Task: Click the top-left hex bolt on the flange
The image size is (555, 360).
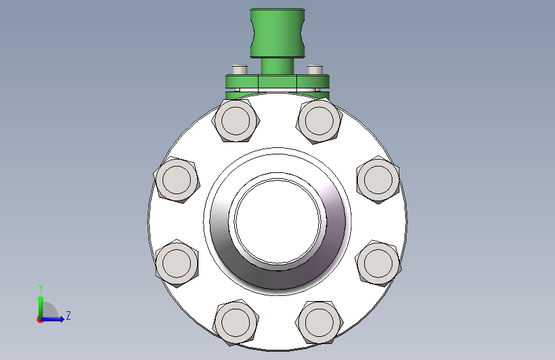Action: point(236,120)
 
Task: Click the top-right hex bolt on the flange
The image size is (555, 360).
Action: point(319,120)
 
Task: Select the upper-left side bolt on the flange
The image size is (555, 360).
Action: point(177,179)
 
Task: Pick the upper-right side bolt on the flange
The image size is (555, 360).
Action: point(378,179)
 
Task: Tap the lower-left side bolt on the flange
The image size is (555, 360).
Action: point(177,263)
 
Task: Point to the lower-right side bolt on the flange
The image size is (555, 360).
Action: point(378,263)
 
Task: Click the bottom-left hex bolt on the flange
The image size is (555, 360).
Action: point(236,322)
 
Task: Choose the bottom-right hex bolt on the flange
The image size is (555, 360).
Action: point(319,322)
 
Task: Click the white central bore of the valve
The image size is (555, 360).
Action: point(278,222)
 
